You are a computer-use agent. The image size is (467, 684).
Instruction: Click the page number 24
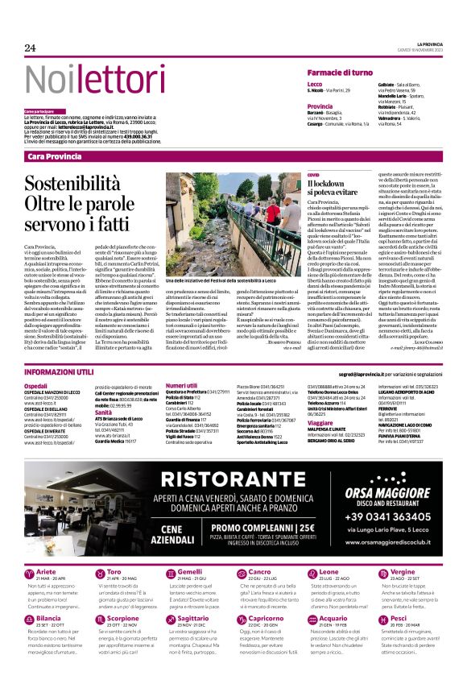point(31,48)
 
